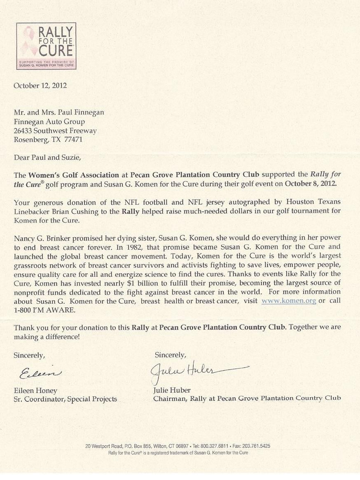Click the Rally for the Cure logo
click(46, 46)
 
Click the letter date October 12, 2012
click(40, 86)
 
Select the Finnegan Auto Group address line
click(49, 122)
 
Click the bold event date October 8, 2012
click(311, 184)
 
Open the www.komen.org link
click(289, 301)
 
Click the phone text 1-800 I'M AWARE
click(44, 310)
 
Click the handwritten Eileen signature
click(40, 373)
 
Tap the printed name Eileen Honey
click(35, 390)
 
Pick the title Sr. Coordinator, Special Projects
click(65, 399)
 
